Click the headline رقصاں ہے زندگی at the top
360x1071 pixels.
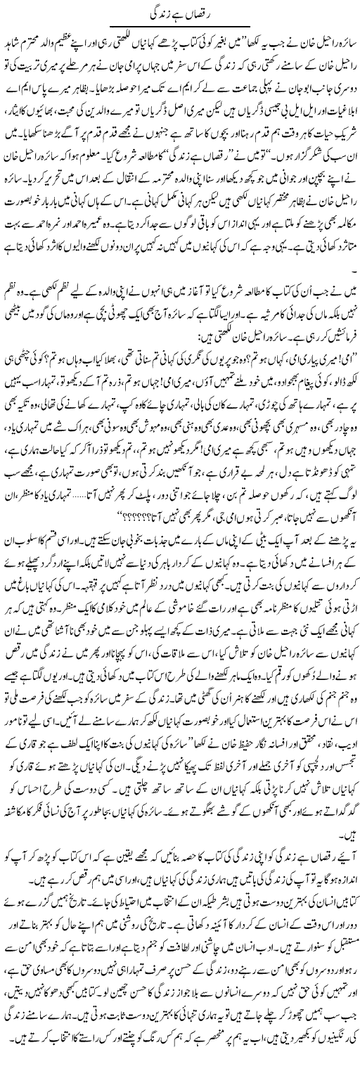180,12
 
